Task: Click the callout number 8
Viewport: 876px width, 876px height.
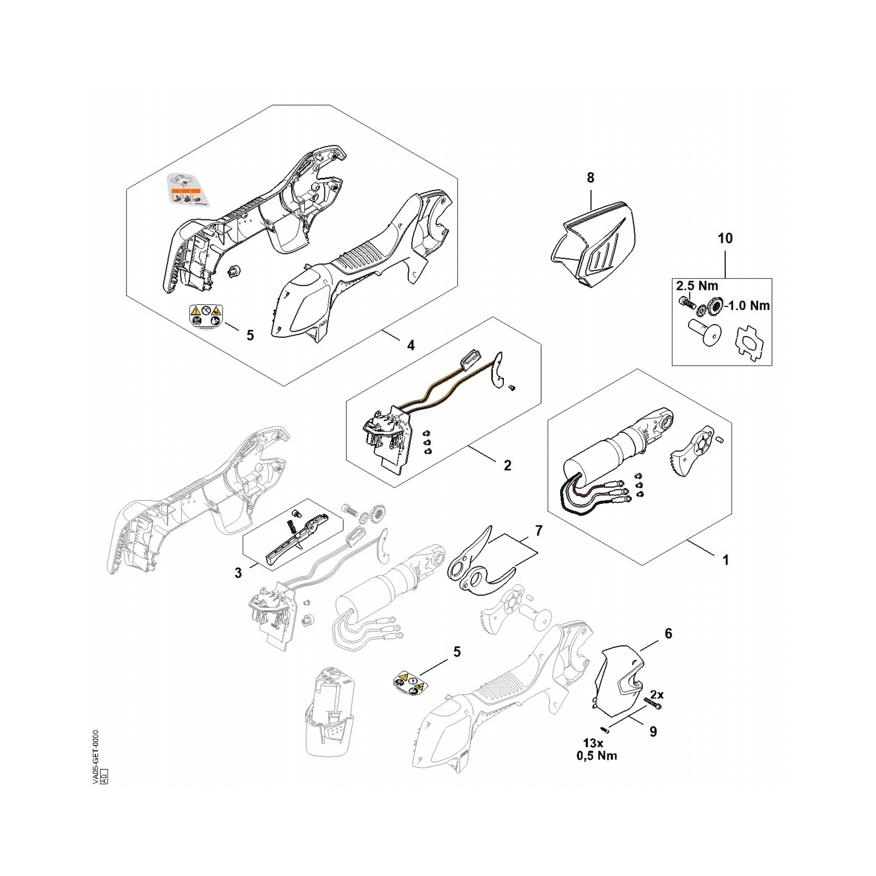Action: tap(590, 178)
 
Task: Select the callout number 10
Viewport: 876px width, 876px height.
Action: tap(725, 238)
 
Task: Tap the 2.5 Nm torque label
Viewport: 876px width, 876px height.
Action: tap(697, 286)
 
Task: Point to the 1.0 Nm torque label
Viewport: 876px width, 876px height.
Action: tap(749, 306)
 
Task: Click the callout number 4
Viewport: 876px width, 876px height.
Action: tap(411, 346)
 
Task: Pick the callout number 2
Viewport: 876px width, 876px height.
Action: tap(507, 465)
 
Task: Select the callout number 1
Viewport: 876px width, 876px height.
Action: tap(726, 560)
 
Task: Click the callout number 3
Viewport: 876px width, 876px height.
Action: tap(238, 573)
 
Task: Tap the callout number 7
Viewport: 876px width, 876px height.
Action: tap(539, 530)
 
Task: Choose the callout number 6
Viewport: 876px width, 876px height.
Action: tap(668, 633)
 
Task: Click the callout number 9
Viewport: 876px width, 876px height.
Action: tap(653, 732)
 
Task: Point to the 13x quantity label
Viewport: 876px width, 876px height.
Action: tap(593, 743)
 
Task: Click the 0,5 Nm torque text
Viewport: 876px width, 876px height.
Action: tap(597, 756)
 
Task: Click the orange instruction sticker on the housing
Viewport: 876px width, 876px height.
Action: tap(186, 190)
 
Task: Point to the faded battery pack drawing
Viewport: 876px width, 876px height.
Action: tap(330, 712)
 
